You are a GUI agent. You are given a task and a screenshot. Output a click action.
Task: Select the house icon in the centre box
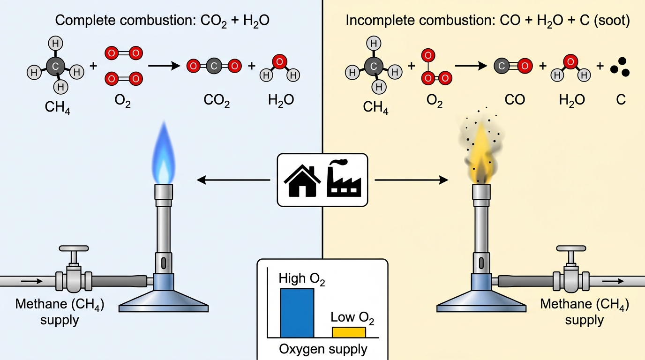(x=302, y=180)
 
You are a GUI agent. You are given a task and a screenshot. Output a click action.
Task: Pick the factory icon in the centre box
(x=344, y=178)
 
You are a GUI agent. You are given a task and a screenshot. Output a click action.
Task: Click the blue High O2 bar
(x=297, y=313)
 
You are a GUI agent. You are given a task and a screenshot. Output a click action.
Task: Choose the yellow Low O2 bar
(x=349, y=332)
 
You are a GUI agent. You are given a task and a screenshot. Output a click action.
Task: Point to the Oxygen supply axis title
(x=323, y=349)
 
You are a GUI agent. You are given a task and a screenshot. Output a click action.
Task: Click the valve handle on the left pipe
(x=74, y=248)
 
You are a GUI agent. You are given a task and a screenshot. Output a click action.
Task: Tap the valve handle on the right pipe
(x=571, y=248)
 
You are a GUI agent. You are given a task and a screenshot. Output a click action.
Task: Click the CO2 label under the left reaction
(x=217, y=100)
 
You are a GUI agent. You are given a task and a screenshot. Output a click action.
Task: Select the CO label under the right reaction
(x=515, y=100)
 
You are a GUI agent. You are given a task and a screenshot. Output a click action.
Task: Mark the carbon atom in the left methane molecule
(x=55, y=66)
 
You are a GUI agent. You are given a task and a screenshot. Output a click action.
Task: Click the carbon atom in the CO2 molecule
(x=214, y=66)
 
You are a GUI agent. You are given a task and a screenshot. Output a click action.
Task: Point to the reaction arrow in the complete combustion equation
(x=164, y=66)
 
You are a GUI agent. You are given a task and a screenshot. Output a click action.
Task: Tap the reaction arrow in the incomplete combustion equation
(x=471, y=66)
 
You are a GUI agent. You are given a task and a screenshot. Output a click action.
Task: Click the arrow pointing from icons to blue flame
(x=233, y=180)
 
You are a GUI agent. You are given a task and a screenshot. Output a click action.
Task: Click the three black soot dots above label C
(x=620, y=67)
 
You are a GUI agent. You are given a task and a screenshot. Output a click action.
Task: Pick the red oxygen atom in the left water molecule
(x=279, y=61)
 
